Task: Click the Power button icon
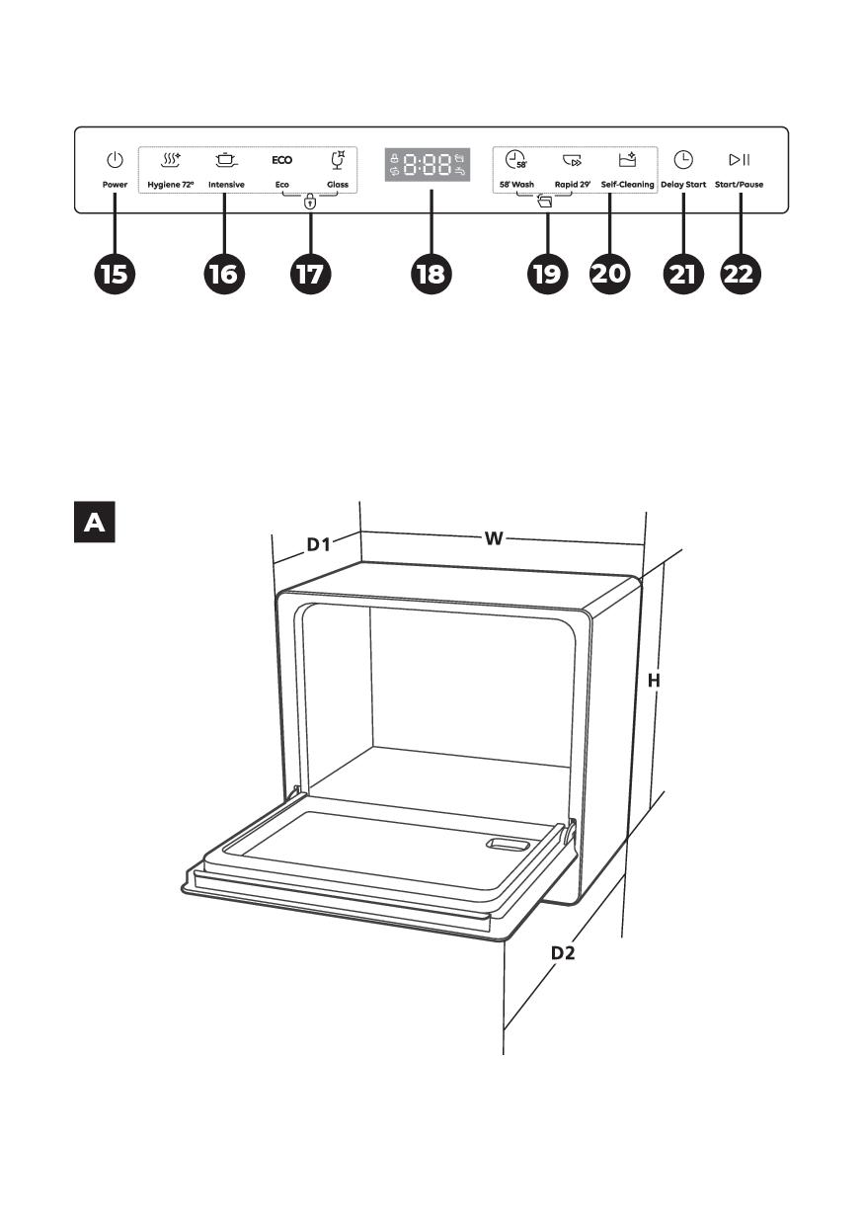[x=115, y=160]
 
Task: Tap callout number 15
[x=115, y=274]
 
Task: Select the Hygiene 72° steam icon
[x=171, y=160]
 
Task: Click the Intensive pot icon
[x=226, y=160]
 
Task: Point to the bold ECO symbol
[x=282, y=160]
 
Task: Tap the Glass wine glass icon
[x=339, y=160]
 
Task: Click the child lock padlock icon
[x=310, y=203]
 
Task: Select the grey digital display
[x=428, y=164]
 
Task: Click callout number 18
[x=431, y=274]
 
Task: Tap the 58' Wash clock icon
[x=515, y=160]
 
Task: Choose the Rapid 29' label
[x=573, y=185]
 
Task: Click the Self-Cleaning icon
[x=627, y=160]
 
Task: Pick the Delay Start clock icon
[x=683, y=160]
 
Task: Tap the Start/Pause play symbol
[x=740, y=160]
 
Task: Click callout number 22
[x=741, y=274]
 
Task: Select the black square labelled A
[x=95, y=522]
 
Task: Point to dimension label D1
[x=318, y=544]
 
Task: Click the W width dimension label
[x=494, y=538]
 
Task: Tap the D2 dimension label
[x=563, y=953]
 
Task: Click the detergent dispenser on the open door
[x=509, y=845]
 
